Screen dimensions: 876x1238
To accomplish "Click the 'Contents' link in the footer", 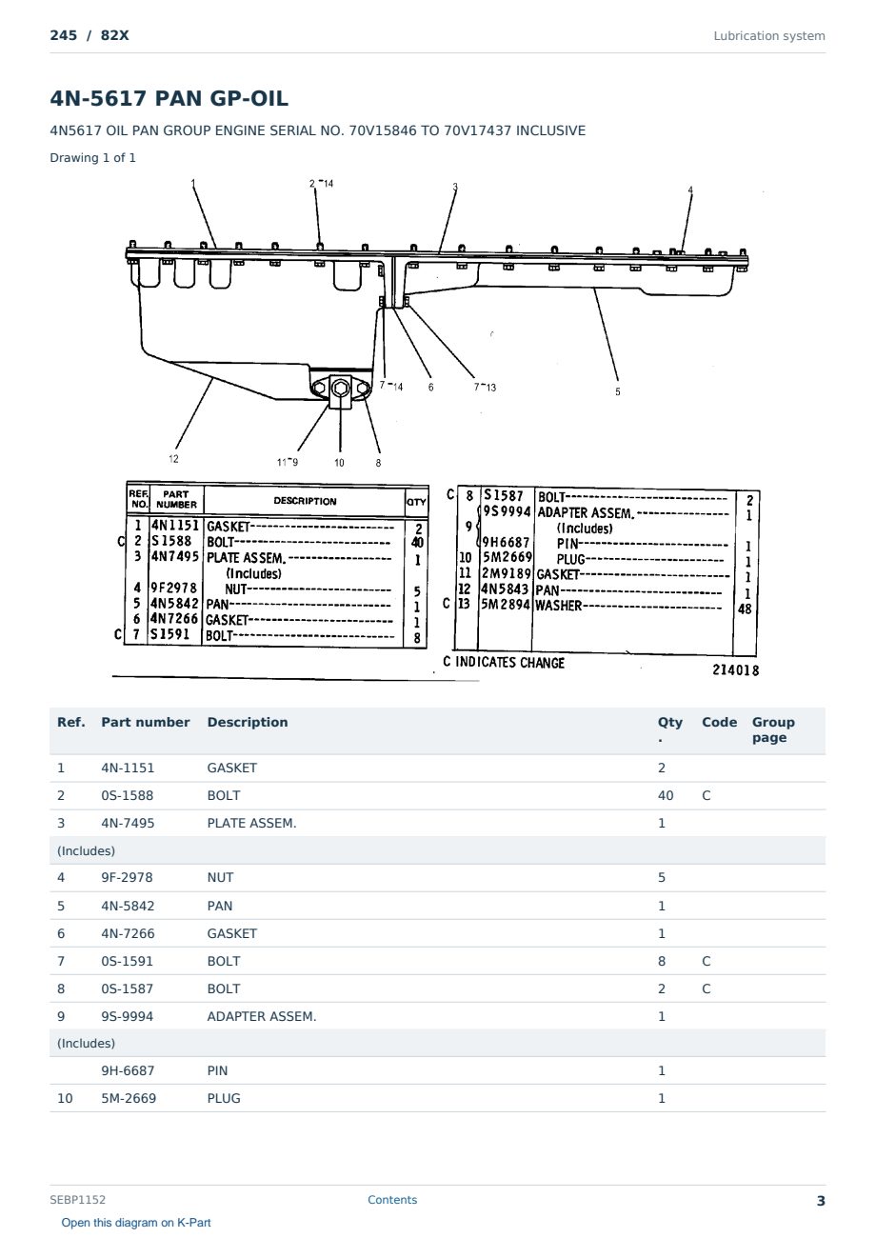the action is [x=392, y=1199].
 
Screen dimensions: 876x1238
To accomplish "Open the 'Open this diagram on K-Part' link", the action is [x=136, y=1222].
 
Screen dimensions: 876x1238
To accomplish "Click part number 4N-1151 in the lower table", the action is [x=128, y=768].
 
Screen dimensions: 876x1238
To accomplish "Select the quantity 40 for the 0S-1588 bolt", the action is [x=666, y=795].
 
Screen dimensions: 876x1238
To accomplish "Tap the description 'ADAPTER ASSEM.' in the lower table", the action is [x=262, y=1016].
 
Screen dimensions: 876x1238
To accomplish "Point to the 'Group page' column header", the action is [x=773, y=729].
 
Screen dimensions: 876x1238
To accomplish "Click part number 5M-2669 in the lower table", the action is [x=129, y=1098].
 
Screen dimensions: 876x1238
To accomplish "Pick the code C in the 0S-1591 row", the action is [x=706, y=961].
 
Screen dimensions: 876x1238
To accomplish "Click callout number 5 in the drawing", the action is [x=617, y=391].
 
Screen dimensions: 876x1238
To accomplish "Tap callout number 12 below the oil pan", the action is [x=173, y=458].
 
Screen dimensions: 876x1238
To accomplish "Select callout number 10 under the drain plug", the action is [x=339, y=463].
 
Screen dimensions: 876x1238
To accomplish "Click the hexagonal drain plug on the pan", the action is [x=341, y=389].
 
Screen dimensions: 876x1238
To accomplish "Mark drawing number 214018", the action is [x=735, y=669].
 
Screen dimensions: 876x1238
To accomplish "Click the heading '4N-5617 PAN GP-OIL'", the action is [x=169, y=98].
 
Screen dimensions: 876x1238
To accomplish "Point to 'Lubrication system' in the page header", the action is [x=768, y=36].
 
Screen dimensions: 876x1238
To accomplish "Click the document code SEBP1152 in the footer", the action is [x=77, y=1199].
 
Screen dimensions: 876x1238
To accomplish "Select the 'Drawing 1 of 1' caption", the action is [x=92, y=157].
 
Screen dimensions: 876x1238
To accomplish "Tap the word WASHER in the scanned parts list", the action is [x=558, y=606].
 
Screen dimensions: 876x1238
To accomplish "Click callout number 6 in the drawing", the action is [x=430, y=387].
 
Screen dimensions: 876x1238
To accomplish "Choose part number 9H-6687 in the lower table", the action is [x=128, y=1070].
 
